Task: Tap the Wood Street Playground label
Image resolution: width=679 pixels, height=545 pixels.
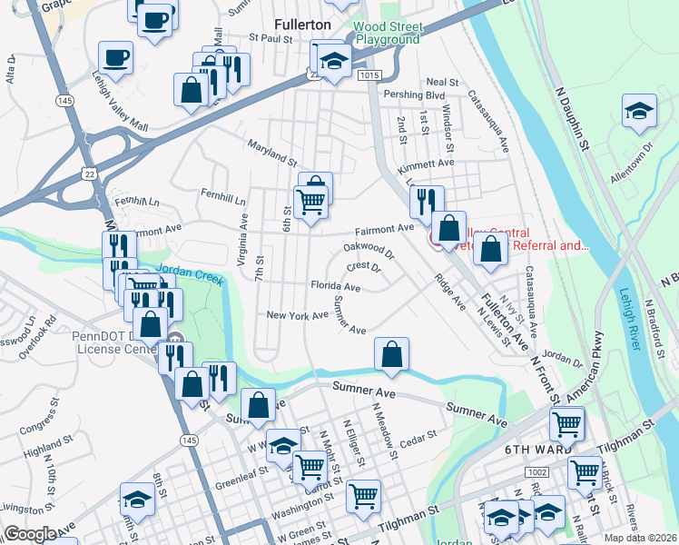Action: (x=388, y=34)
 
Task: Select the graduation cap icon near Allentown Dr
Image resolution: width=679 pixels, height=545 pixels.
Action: (x=639, y=110)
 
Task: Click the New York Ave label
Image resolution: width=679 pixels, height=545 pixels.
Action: (x=297, y=315)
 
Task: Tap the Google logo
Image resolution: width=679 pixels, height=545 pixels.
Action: (x=30, y=534)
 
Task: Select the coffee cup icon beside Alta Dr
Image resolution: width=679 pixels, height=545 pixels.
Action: (x=115, y=58)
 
